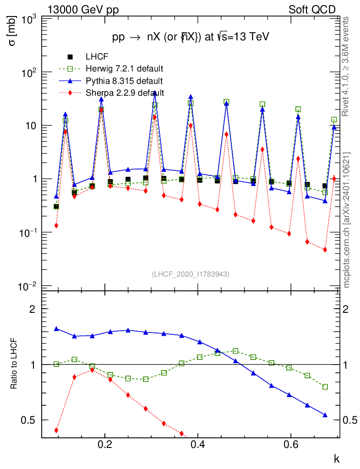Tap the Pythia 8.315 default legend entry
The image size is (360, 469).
pyautogui.click(x=124, y=81)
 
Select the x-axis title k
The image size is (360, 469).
pyautogui.click(x=336, y=458)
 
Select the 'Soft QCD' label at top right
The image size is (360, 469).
pyautogui.click(x=312, y=10)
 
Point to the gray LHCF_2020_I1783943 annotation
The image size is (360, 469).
pyautogui.click(x=191, y=274)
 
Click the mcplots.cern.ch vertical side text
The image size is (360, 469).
pyautogui.click(x=347, y=218)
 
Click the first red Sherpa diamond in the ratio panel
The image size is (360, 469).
pyautogui.click(x=56, y=431)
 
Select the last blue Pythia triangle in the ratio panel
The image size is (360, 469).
pyautogui.click(x=325, y=415)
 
